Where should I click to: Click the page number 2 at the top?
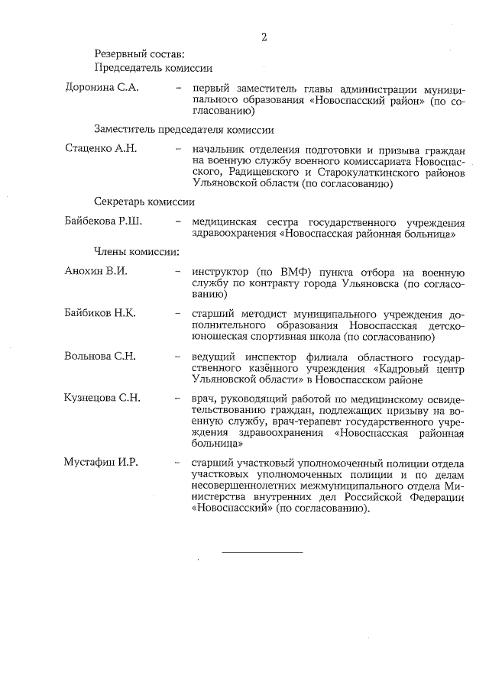tap(264, 37)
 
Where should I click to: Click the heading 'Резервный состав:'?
tap(138, 53)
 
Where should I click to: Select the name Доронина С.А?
tap(102, 89)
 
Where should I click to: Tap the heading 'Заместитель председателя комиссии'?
tap(184, 130)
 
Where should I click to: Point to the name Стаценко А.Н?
tap(102, 148)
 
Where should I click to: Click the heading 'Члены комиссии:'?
tap(137, 251)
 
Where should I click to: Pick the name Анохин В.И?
tap(96, 271)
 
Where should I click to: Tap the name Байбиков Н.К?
tap(100, 313)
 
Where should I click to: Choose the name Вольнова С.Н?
tap(100, 356)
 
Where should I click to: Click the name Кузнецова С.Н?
tap(103, 399)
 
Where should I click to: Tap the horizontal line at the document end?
tap(262, 551)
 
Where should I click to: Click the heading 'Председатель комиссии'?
tap(153, 68)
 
